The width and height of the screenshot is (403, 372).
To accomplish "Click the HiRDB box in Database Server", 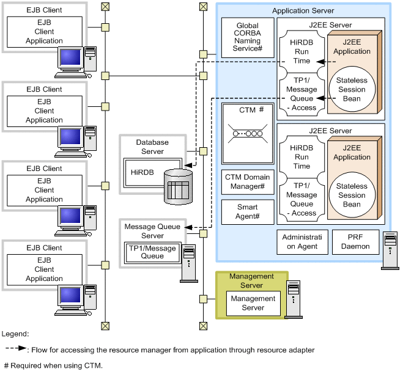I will pos(151,173).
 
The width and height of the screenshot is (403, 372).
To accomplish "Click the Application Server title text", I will pos(303,11).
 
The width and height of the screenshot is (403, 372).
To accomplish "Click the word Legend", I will pos(15,334).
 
